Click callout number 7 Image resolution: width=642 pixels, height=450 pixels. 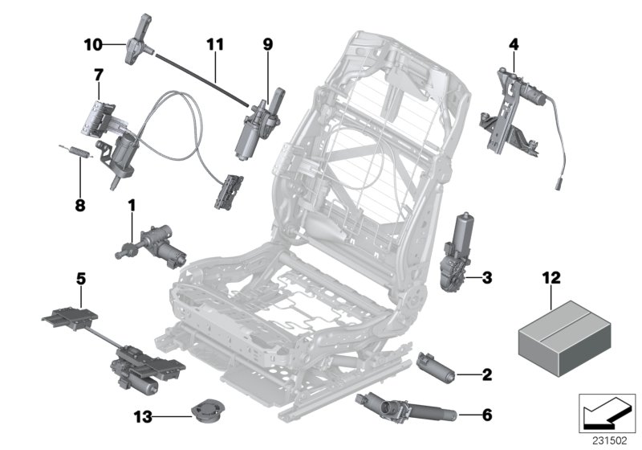click(98, 74)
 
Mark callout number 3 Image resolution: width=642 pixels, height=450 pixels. click(487, 279)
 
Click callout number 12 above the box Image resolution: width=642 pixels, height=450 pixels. click(551, 278)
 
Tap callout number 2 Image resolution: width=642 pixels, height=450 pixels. click(487, 374)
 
